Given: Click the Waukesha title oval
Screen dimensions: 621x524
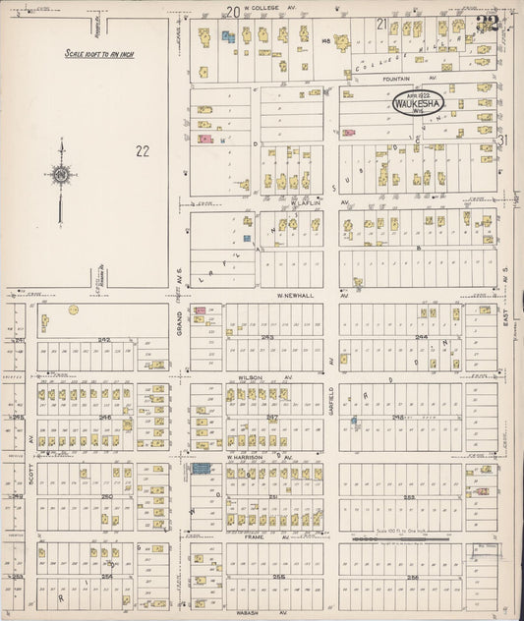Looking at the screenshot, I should (418, 103).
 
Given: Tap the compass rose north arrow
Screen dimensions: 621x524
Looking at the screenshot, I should (61, 177).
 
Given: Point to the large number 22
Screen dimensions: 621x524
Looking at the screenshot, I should (144, 150).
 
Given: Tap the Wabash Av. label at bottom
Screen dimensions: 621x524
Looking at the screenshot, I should (258, 613).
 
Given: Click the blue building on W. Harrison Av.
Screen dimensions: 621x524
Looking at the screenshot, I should (202, 469).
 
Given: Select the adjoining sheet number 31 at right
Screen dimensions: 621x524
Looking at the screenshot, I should (503, 140).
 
